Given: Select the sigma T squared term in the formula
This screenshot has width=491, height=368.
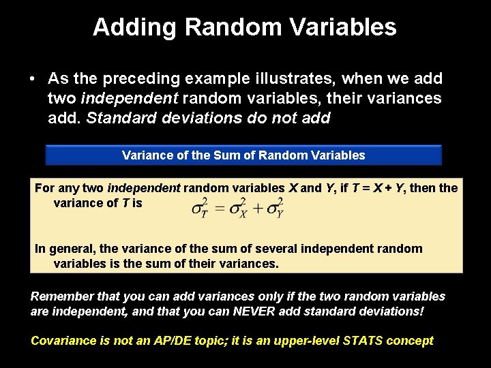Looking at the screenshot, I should pyautogui.click(x=200, y=208).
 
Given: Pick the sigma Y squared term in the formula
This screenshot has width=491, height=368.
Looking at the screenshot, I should pyautogui.click(x=275, y=208).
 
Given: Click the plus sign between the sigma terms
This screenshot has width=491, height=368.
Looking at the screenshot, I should pyautogui.click(x=256, y=209).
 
